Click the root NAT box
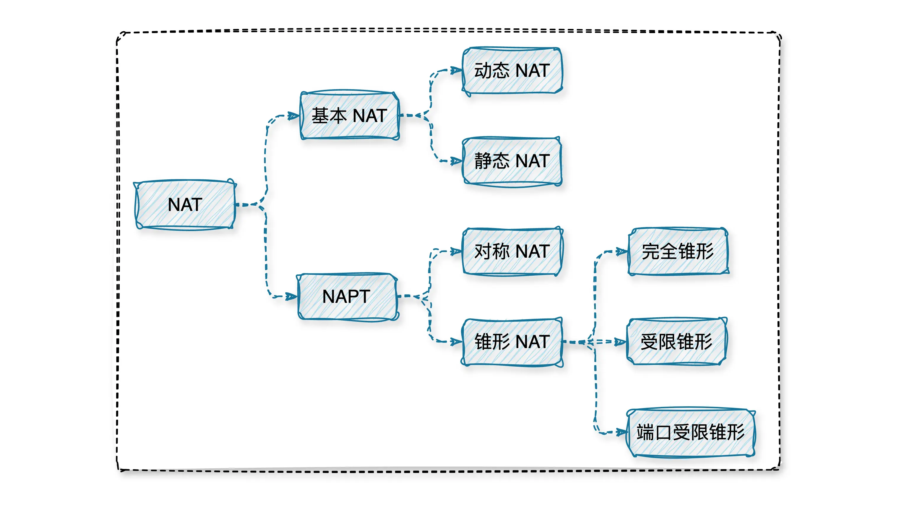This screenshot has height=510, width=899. tap(185, 204)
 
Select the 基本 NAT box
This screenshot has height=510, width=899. tap(349, 116)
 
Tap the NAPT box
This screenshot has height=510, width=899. tap(347, 297)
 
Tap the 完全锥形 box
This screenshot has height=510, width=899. tap(678, 251)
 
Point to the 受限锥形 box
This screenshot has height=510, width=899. tap(676, 342)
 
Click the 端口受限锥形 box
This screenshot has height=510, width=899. tap(690, 432)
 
